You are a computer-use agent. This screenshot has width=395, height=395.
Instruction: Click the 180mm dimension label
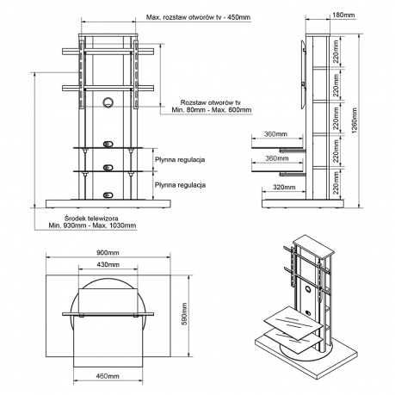(x=343, y=15)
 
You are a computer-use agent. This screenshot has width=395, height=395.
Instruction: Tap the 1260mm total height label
(x=355, y=120)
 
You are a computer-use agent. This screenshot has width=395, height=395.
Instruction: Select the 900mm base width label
(x=108, y=253)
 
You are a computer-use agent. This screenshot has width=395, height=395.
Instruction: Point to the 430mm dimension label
(x=108, y=264)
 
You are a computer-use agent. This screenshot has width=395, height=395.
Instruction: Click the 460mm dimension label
(x=108, y=376)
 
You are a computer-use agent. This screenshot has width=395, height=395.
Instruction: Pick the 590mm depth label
(x=184, y=314)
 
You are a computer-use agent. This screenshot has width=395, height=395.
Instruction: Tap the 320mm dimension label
(x=284, y=187)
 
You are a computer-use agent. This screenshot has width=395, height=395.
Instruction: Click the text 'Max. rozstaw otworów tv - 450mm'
(x=198, y=17)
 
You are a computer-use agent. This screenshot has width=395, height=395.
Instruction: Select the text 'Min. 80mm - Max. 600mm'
(x=212, y=110)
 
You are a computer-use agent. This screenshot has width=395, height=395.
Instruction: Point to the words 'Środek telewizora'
(x=91, y=219)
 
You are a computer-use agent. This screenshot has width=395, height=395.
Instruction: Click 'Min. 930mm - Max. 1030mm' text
(x=92, y=225)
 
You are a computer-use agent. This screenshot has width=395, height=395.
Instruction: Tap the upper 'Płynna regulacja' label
(x=180, y=159)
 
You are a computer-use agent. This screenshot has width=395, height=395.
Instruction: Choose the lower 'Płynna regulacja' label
(x=180, y=185)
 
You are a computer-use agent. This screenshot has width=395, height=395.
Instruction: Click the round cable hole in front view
(x=108, y=102)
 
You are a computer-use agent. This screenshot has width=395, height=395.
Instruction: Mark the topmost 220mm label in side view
(x=336, y=52)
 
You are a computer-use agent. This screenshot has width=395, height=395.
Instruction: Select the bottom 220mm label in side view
(x=336, y=182)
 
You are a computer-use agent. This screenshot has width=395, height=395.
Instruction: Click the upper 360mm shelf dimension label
(x=275, y=134)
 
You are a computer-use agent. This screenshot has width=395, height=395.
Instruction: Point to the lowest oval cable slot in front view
(x=108, y=195)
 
